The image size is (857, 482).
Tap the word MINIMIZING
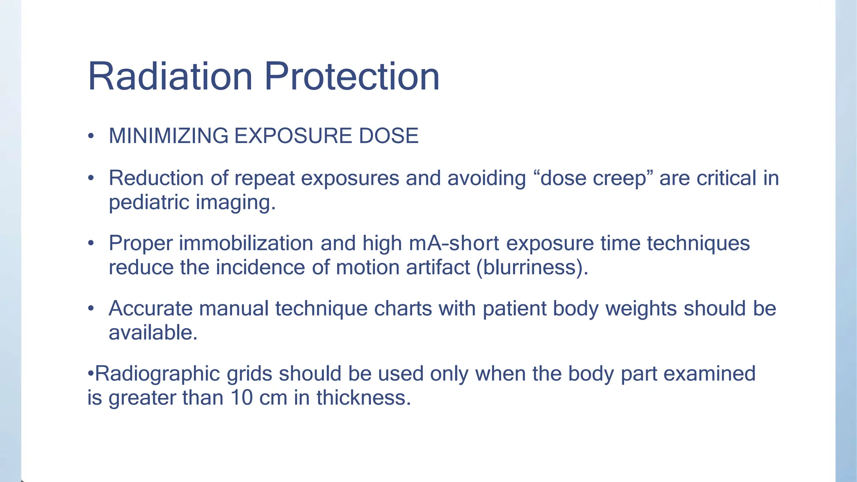pyautogui.click(x=169, y=136)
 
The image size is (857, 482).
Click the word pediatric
pyautogui.click(x=149, y=203)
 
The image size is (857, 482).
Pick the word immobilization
pyautogui.click(x=246, y=243)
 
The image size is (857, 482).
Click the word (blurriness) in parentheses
pyautogui.click(x=532, y=267)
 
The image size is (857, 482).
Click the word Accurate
pyautogui.click(x=151, y=309)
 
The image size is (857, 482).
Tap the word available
pyautogui.click(x=153, y=333)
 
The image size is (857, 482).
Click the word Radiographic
pyautogui.click(x=157, y=374)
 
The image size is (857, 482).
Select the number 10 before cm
pyautogui.click(x=241, y=398)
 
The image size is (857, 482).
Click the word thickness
pyautogui.click(x=364, y=398)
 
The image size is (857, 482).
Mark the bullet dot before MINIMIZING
pyautogui.click(x=91, y=136)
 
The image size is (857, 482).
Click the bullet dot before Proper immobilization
pyautogui.click(x=91, y=243)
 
